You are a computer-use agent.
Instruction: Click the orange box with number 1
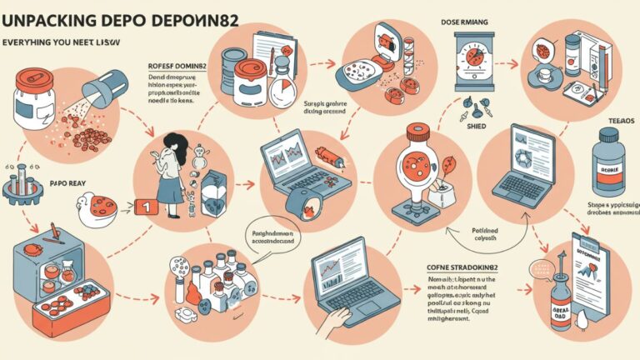pos(147,205)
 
